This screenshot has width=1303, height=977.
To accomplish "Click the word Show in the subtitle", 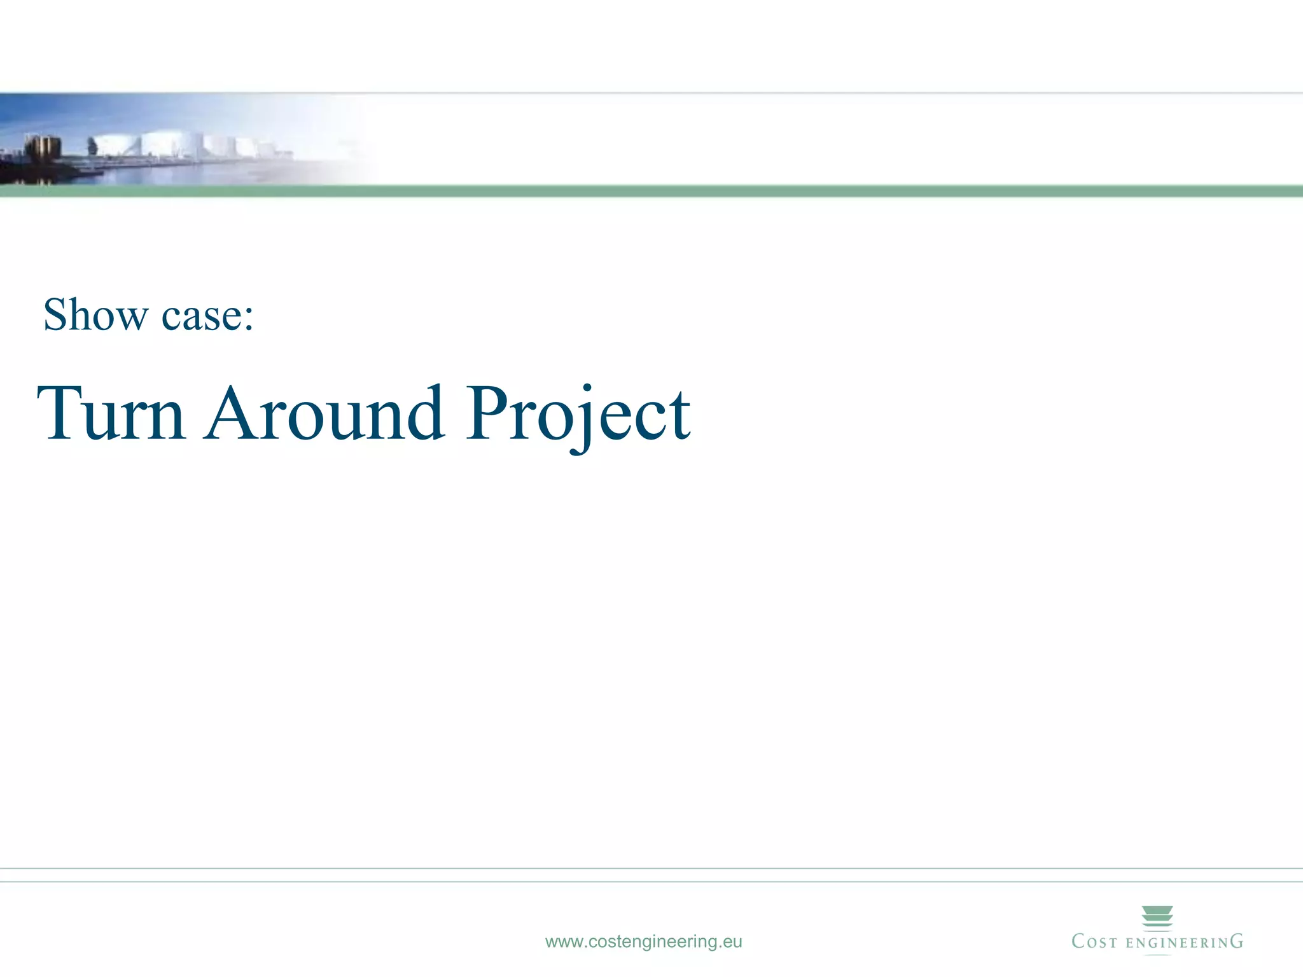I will (96, 315).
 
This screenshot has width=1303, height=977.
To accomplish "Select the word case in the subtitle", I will (201, 316).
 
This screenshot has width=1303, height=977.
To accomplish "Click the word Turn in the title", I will (112, 413).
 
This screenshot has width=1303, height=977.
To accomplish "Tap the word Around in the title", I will (324, 413).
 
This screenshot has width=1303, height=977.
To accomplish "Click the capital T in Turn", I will (60, 412).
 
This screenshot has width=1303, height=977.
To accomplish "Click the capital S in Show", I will (57, 315).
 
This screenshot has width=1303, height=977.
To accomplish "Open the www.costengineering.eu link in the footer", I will (643, 941).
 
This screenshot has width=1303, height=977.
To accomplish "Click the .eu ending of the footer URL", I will (730, 941).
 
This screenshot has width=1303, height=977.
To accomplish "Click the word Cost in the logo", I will (1094, 942).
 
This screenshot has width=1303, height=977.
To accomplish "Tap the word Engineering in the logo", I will (1184, 943).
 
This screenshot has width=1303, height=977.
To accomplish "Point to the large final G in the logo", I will (1236, 941).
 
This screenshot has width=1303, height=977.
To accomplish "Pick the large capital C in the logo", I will (1079, 941).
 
